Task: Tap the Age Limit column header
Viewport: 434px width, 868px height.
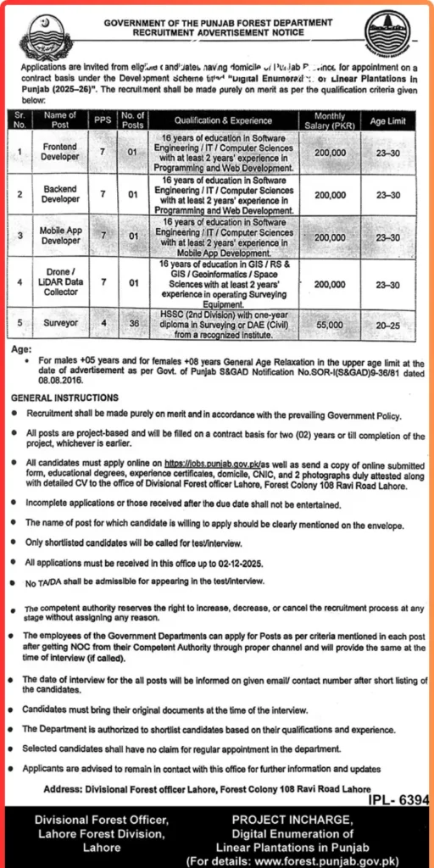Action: (388, 121)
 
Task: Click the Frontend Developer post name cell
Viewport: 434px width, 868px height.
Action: (61, 152)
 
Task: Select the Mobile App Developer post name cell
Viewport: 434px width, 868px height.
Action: (61, 236)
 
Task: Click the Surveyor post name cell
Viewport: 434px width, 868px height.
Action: (61, 324)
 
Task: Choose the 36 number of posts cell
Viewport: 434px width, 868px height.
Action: (132, 324)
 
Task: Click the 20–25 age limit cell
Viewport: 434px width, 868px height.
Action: (388, 324)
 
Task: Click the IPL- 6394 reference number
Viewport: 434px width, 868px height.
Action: (398, 799)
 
